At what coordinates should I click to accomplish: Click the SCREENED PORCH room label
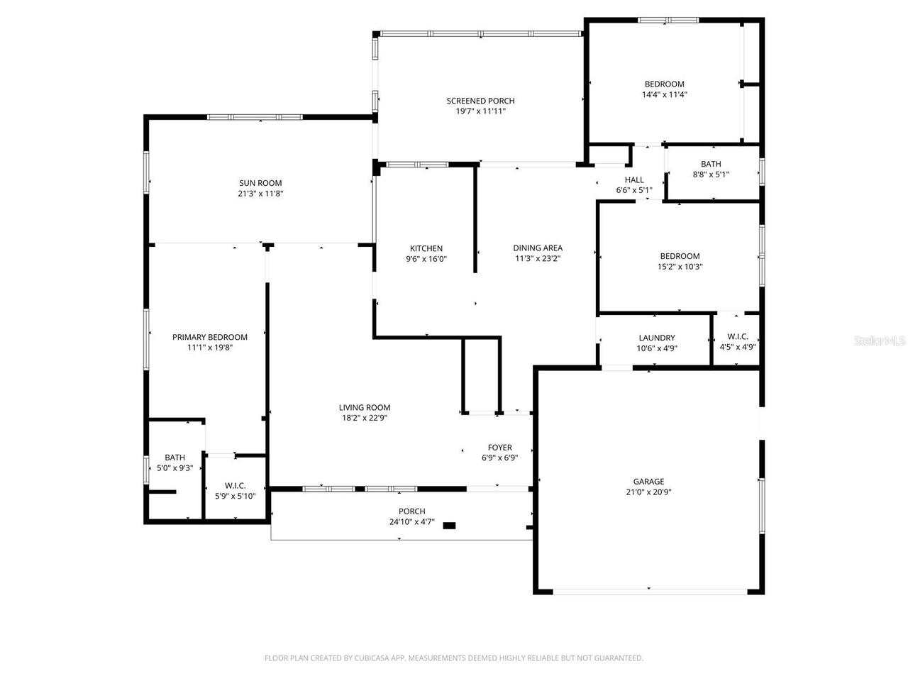click(x=480, y=101)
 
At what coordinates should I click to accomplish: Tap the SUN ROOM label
click(x=260, y=182)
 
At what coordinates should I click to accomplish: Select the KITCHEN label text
click(x=426, y=248)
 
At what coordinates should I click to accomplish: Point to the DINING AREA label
click(x=538, y=248)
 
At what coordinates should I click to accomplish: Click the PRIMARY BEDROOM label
click(x=209, y=337)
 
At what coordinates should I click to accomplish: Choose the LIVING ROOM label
click(x=364, y=407)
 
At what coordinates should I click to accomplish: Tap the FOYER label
click(x=499, y=448)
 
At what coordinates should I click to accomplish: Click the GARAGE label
click(x=648, y=481)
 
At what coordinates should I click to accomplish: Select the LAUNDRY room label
click(x=656, y=338)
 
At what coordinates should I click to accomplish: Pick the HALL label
click(x=634, y=179)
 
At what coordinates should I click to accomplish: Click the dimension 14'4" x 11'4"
click(x=664, y=94)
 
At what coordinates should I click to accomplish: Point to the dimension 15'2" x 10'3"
click(x=680, y=267)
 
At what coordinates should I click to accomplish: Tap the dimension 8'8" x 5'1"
click(x=710, y=175)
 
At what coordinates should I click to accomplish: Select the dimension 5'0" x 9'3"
click(x=175, y=468)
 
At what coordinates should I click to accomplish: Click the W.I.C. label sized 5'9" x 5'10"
click(x=235, y=485)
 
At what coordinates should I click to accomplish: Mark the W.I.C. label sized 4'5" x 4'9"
click(x=737, y=336)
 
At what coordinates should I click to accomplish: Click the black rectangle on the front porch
click(x=449, y=526)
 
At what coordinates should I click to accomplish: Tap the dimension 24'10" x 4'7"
click(x=411, y=522)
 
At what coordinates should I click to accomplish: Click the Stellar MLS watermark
click(x=880, y=341)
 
